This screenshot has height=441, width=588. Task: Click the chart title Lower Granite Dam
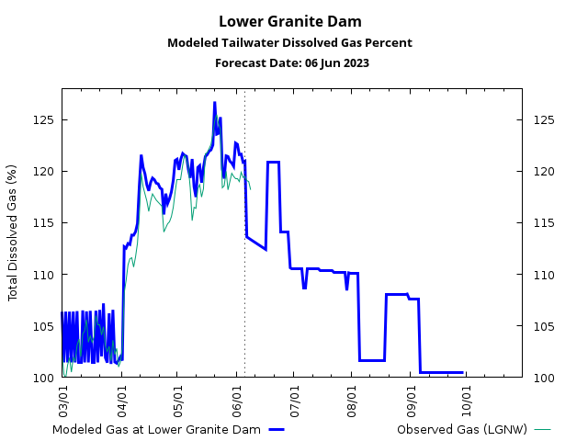click(289, 21)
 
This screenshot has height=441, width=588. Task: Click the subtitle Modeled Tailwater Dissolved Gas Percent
click(289, 43)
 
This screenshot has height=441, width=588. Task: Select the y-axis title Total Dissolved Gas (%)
click(13, 232)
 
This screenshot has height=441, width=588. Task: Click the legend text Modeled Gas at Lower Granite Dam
click(156, 429)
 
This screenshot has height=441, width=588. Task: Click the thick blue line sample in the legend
click(277, 429)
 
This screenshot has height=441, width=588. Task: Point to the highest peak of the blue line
click(215, 103)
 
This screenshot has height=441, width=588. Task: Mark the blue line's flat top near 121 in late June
click(273, 163)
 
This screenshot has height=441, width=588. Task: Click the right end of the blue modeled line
click(462, 372)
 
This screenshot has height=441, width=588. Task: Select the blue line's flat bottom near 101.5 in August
click(371, 360)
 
